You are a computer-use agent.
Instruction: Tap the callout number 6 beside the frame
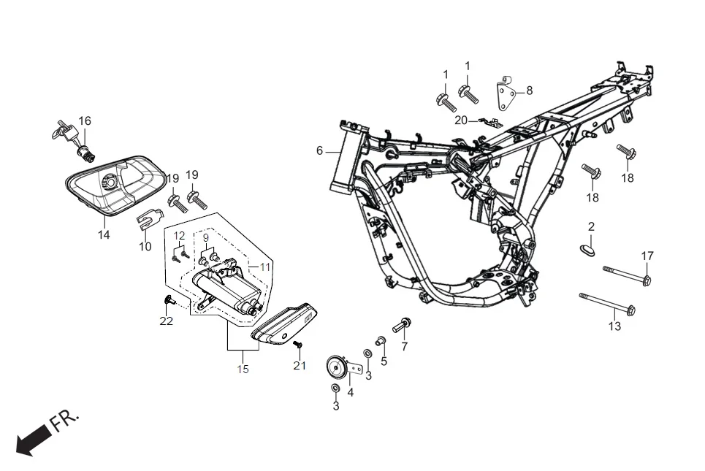319,150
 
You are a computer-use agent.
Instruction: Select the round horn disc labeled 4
337,364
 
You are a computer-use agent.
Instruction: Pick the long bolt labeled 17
626,275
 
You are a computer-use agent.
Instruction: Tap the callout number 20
461,120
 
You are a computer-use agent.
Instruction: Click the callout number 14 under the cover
104,234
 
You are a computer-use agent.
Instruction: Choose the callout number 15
242,369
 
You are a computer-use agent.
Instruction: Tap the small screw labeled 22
169,299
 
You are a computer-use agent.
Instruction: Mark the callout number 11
264,267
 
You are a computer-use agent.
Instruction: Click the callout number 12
179,235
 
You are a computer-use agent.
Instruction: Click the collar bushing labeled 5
380,340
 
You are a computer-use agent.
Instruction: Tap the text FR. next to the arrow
66,421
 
